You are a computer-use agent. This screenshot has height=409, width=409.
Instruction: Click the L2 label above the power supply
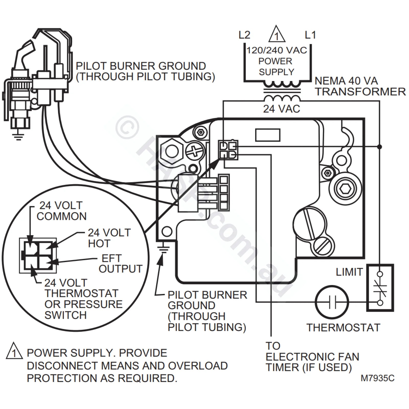[244, 35]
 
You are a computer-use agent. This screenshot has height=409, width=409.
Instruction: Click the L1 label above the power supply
[310, 35]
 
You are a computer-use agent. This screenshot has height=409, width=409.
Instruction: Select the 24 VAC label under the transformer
[281, 109]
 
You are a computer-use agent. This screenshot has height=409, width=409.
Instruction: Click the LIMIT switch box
[380, 288]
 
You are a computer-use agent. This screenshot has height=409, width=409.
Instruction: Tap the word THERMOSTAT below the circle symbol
[343, 327]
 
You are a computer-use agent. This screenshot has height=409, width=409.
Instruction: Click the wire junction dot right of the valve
[380, 147]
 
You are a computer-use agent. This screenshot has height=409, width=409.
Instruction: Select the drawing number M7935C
[377, 378]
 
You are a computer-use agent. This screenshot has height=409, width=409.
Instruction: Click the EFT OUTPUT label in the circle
[120, 264]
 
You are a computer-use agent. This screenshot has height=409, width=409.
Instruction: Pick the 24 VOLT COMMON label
[61, 211]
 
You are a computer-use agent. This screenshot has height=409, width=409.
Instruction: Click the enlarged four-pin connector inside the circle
[38, 256]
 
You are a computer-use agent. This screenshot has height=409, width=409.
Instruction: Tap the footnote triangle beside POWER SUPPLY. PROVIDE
[14, 351]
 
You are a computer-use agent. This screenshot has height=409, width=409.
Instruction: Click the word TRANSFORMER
[360, 92]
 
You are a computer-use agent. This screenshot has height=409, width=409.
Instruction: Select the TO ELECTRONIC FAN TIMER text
[312, 357]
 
